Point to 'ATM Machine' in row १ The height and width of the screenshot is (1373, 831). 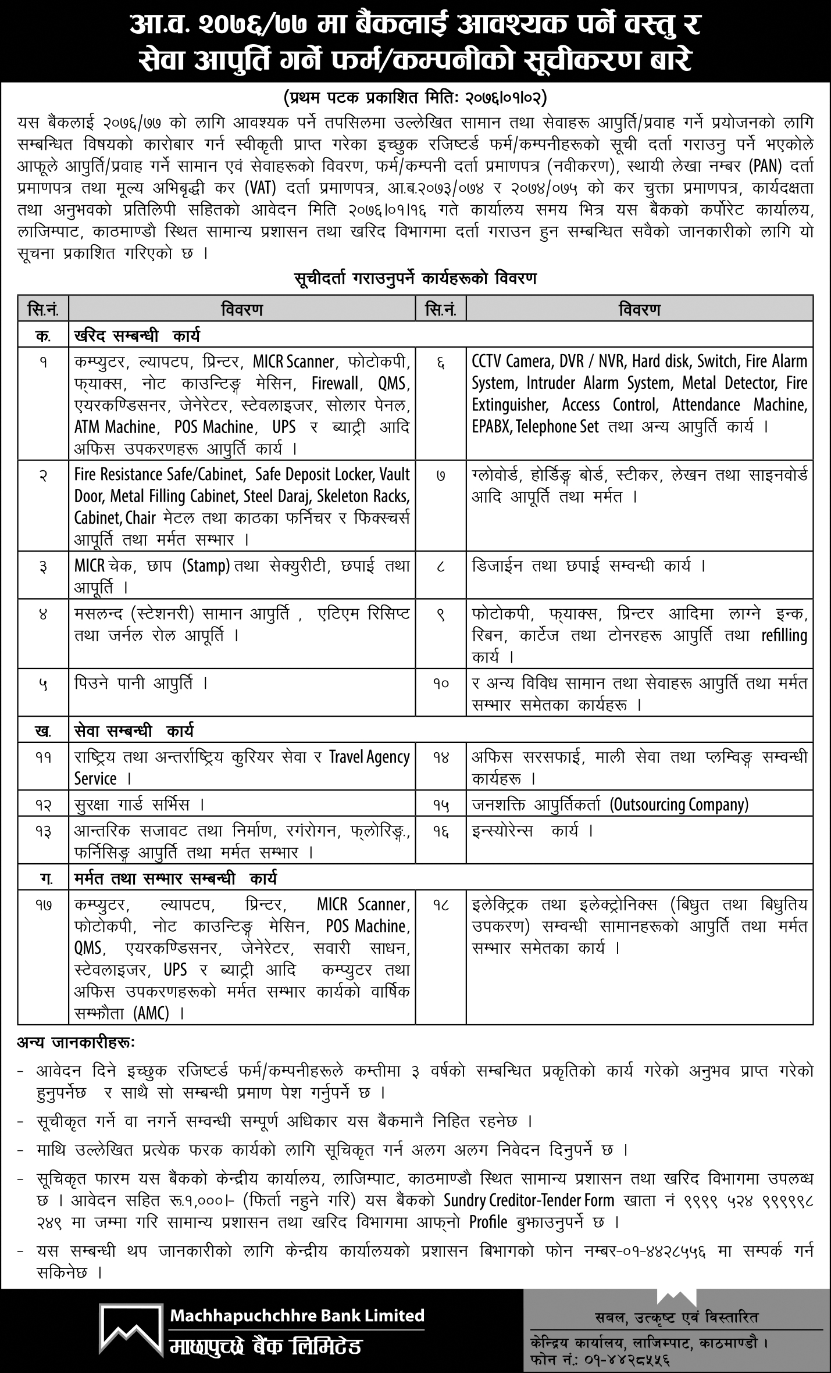[115, 427]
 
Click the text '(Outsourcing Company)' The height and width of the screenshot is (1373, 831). [679, 805]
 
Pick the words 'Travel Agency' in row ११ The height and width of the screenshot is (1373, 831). [369, 757]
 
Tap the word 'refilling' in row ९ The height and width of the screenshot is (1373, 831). [784, 635]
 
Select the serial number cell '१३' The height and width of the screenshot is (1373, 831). [43, 832]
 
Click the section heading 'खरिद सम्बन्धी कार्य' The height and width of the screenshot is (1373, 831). [137, 336]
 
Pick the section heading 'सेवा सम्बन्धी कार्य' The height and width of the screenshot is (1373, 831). [134, 730]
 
